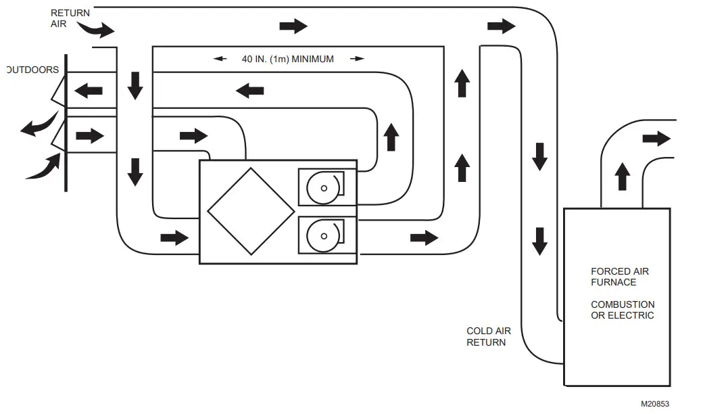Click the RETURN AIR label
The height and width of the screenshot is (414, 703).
tap(70, 18)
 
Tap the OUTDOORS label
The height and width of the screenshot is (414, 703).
tap(32, 70)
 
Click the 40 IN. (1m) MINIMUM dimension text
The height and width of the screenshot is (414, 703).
tap(288, 59)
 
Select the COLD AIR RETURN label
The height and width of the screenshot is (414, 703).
tap(489, 336)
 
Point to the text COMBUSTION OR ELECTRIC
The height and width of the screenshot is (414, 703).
tap(623, 310)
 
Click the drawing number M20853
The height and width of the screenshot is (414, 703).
tap(655, 404)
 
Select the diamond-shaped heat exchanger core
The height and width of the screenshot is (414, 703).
tap(251, 211)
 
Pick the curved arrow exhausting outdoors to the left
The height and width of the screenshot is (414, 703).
tap(39, 126)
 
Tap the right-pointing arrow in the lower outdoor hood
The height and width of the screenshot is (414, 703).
tap(90, 136)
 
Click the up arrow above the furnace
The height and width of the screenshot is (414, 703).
tap(623, 177)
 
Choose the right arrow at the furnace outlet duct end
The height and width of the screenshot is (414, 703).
tap(656, 139)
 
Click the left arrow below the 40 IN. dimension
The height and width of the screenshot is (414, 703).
tap(249, 89)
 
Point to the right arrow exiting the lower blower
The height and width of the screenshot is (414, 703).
tap(424, 237)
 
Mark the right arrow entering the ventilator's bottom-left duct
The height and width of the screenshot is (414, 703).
tap(174, 237)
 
